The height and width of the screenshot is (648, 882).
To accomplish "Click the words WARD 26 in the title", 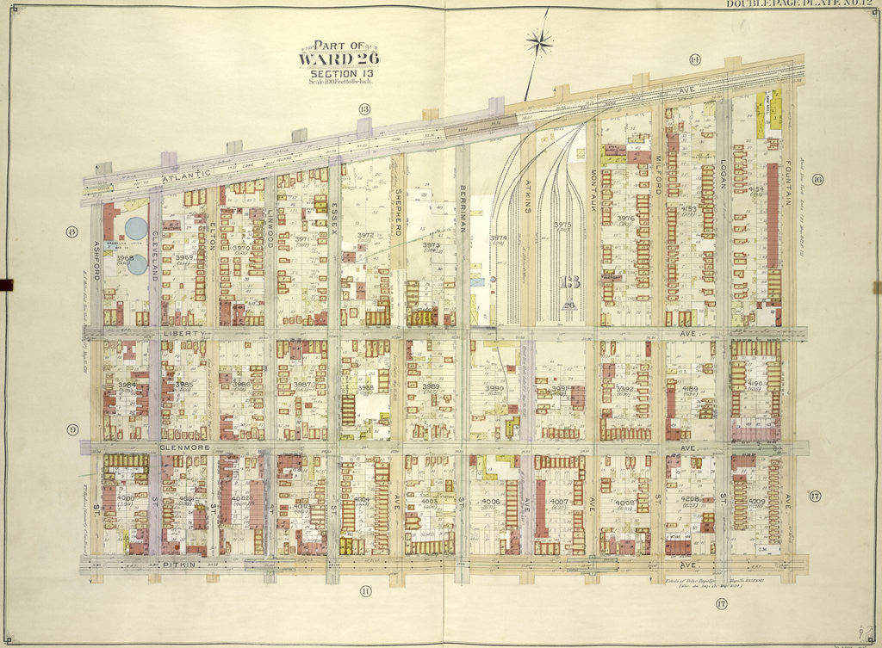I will [x=339, y=59].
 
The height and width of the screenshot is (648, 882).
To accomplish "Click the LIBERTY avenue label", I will [x=185, y=331].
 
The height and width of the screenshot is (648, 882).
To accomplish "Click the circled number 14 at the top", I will [x=693, y=59].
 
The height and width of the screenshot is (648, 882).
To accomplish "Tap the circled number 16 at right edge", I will [x=817, y=180].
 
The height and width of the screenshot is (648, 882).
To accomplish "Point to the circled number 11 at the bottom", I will [x=365, y=590].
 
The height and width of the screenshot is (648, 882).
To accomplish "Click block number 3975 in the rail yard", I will [x=562, y=225].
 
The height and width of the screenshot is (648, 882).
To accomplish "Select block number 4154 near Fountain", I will [x=756, y=188].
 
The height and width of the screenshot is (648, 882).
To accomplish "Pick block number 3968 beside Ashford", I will [x=125, y=257].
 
